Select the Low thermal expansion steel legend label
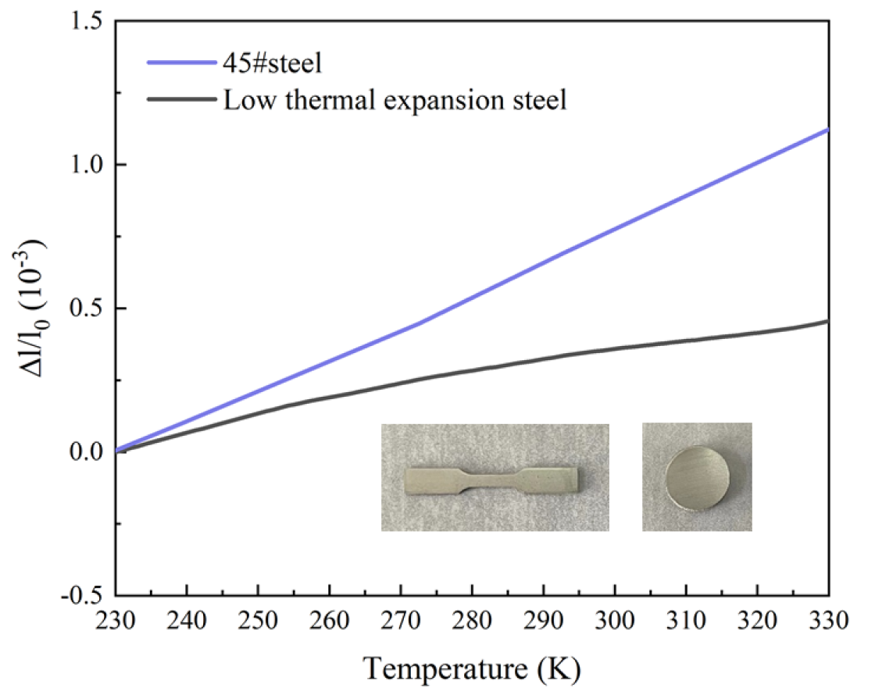pos(395,101)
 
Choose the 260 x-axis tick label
pos(329,621)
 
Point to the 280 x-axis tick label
pos(471,621)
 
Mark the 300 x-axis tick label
pos(614,621)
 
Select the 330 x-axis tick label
pos(827,621)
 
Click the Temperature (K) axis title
pos(472,668)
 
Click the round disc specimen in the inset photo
pos(697,476)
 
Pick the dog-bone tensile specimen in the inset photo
pos(494,480)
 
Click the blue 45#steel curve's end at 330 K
pos(827,130)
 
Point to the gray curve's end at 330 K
pos(827,321)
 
